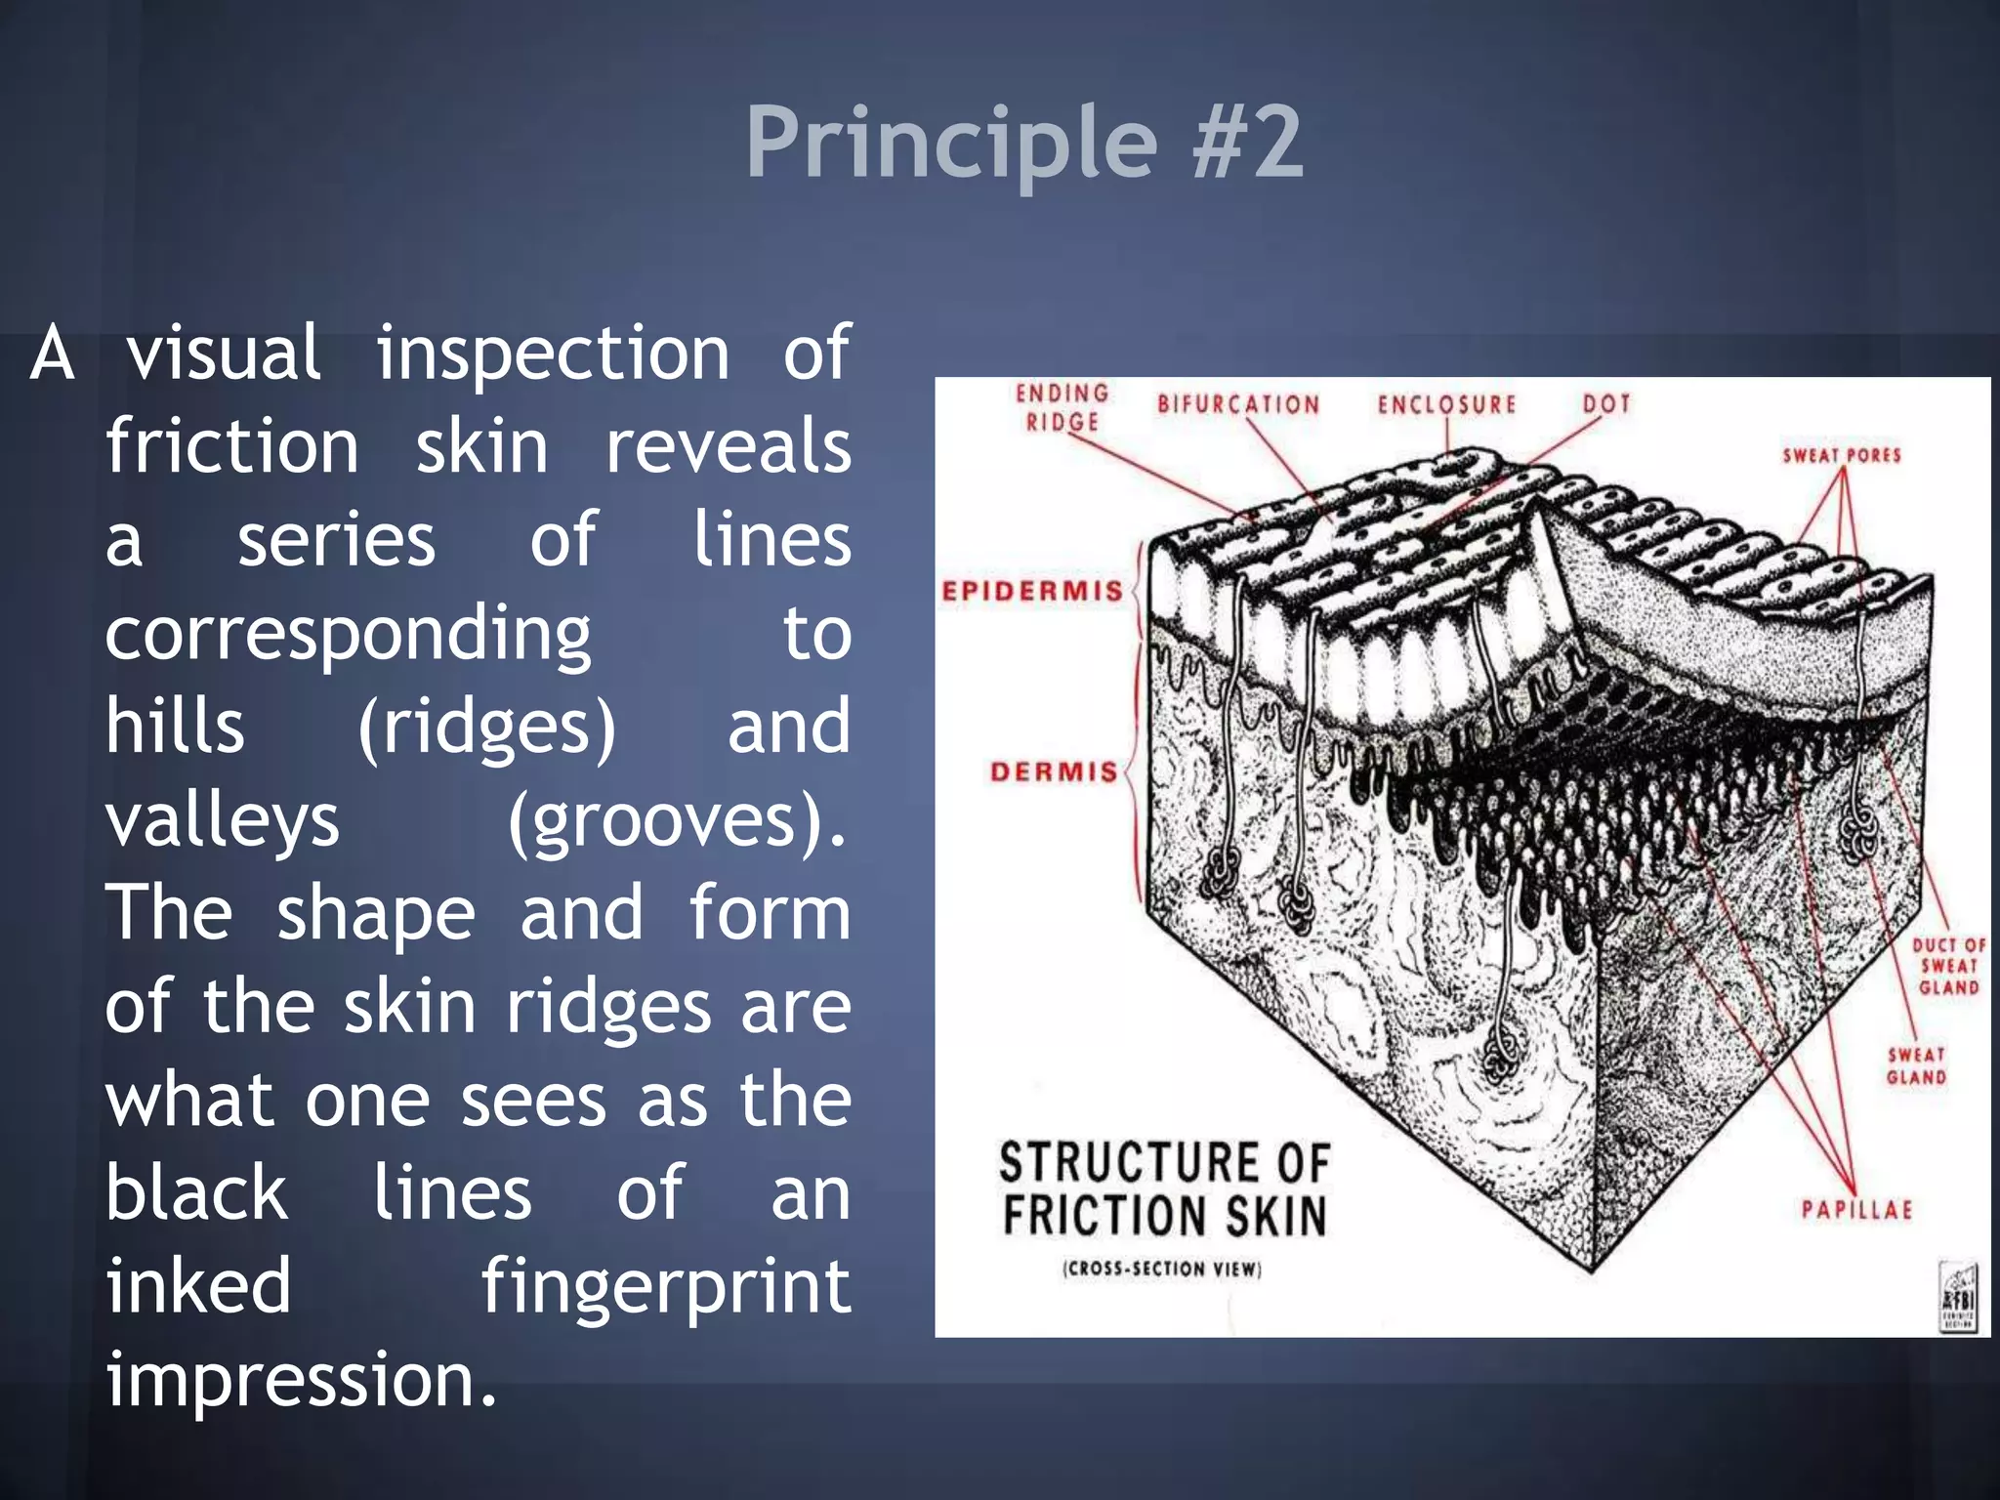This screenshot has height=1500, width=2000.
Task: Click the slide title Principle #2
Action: point(1023,143)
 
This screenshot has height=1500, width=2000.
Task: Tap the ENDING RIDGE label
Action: point(1062,407)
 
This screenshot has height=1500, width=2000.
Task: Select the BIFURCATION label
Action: point(1237,404)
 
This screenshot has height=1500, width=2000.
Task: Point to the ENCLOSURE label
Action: point(1446,404)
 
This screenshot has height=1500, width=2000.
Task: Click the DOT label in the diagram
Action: point(1606,402)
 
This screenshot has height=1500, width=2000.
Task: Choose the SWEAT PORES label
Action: point(1841,455)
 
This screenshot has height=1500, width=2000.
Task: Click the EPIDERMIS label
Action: point(1031,591)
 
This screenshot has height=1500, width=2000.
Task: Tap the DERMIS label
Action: point(1053,771)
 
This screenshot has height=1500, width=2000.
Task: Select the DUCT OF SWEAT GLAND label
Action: point(1948,966)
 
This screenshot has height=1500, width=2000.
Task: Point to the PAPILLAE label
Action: point(1856,1209)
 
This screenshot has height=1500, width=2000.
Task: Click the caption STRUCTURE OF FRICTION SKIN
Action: point(1163,1189)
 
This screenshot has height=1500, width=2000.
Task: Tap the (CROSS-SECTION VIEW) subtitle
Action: point(1162,1269)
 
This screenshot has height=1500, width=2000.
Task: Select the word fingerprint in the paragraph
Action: point(665,1286)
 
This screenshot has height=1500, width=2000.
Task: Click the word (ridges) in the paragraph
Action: point(486,728)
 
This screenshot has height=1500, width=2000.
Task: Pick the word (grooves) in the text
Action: point(676,821)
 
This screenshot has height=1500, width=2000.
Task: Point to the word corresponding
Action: point(348,635)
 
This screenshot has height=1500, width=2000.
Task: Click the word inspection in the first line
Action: point(553,354)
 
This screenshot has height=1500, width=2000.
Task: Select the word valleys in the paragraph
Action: point(223,821)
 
